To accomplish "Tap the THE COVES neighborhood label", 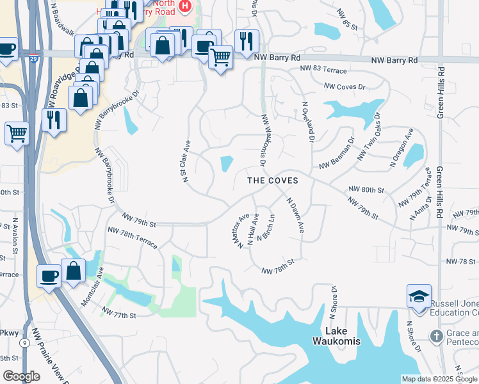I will [273, 180].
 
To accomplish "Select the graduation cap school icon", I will [419, 297].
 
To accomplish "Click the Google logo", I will [21, 376].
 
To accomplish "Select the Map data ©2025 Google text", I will [439, 379].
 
